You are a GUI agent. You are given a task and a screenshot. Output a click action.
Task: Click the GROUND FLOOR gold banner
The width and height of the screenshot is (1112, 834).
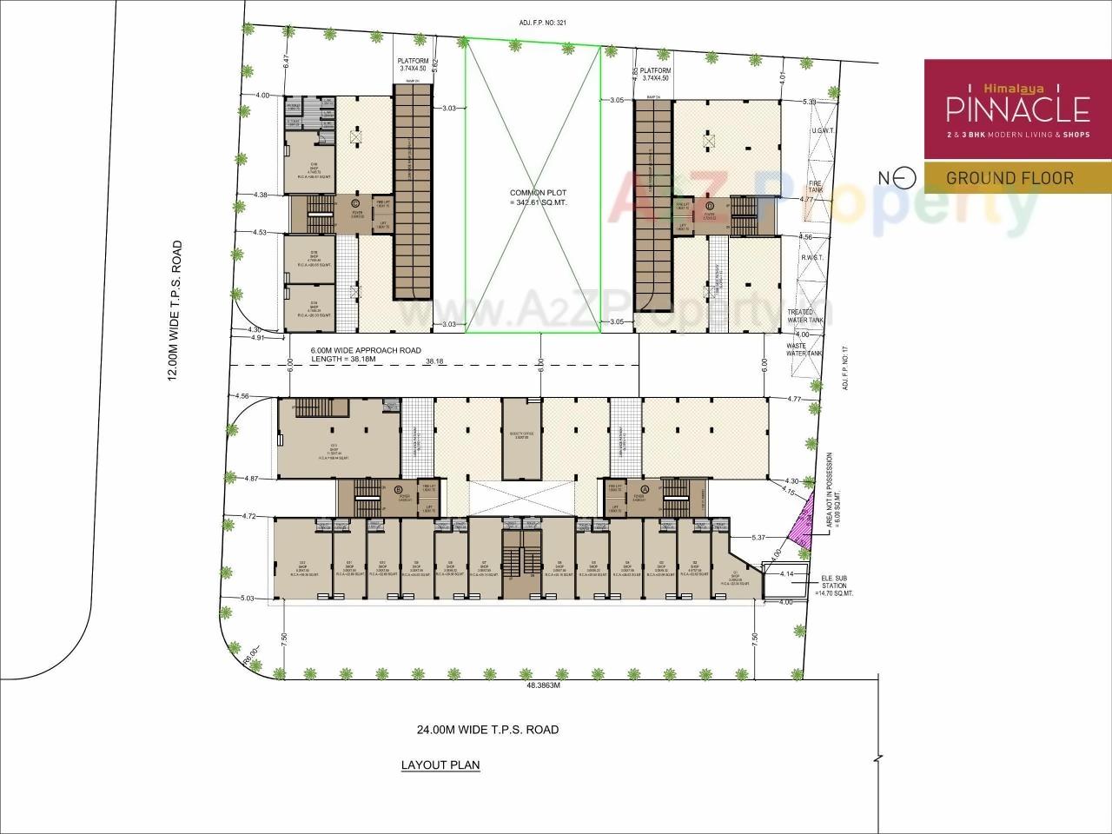(x=1009, y=178)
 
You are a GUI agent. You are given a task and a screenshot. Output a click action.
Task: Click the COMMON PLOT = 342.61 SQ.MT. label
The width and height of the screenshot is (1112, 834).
(x=533, y=197)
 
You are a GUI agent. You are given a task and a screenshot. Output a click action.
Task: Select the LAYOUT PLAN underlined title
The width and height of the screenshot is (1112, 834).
(x=440, y=765)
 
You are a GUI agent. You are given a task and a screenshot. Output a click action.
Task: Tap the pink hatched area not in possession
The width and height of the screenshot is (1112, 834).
(x=801, y=525)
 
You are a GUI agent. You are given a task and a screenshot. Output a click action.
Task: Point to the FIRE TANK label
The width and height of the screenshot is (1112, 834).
(x=815, y=188)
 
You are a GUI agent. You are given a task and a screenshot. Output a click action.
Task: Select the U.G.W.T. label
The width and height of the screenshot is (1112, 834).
(x=822, y=130)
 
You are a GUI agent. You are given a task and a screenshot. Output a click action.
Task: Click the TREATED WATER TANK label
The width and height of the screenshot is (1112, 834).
(x=800, y=316)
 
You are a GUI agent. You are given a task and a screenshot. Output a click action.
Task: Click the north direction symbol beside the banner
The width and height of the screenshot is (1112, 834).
(x=904, y=177)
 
